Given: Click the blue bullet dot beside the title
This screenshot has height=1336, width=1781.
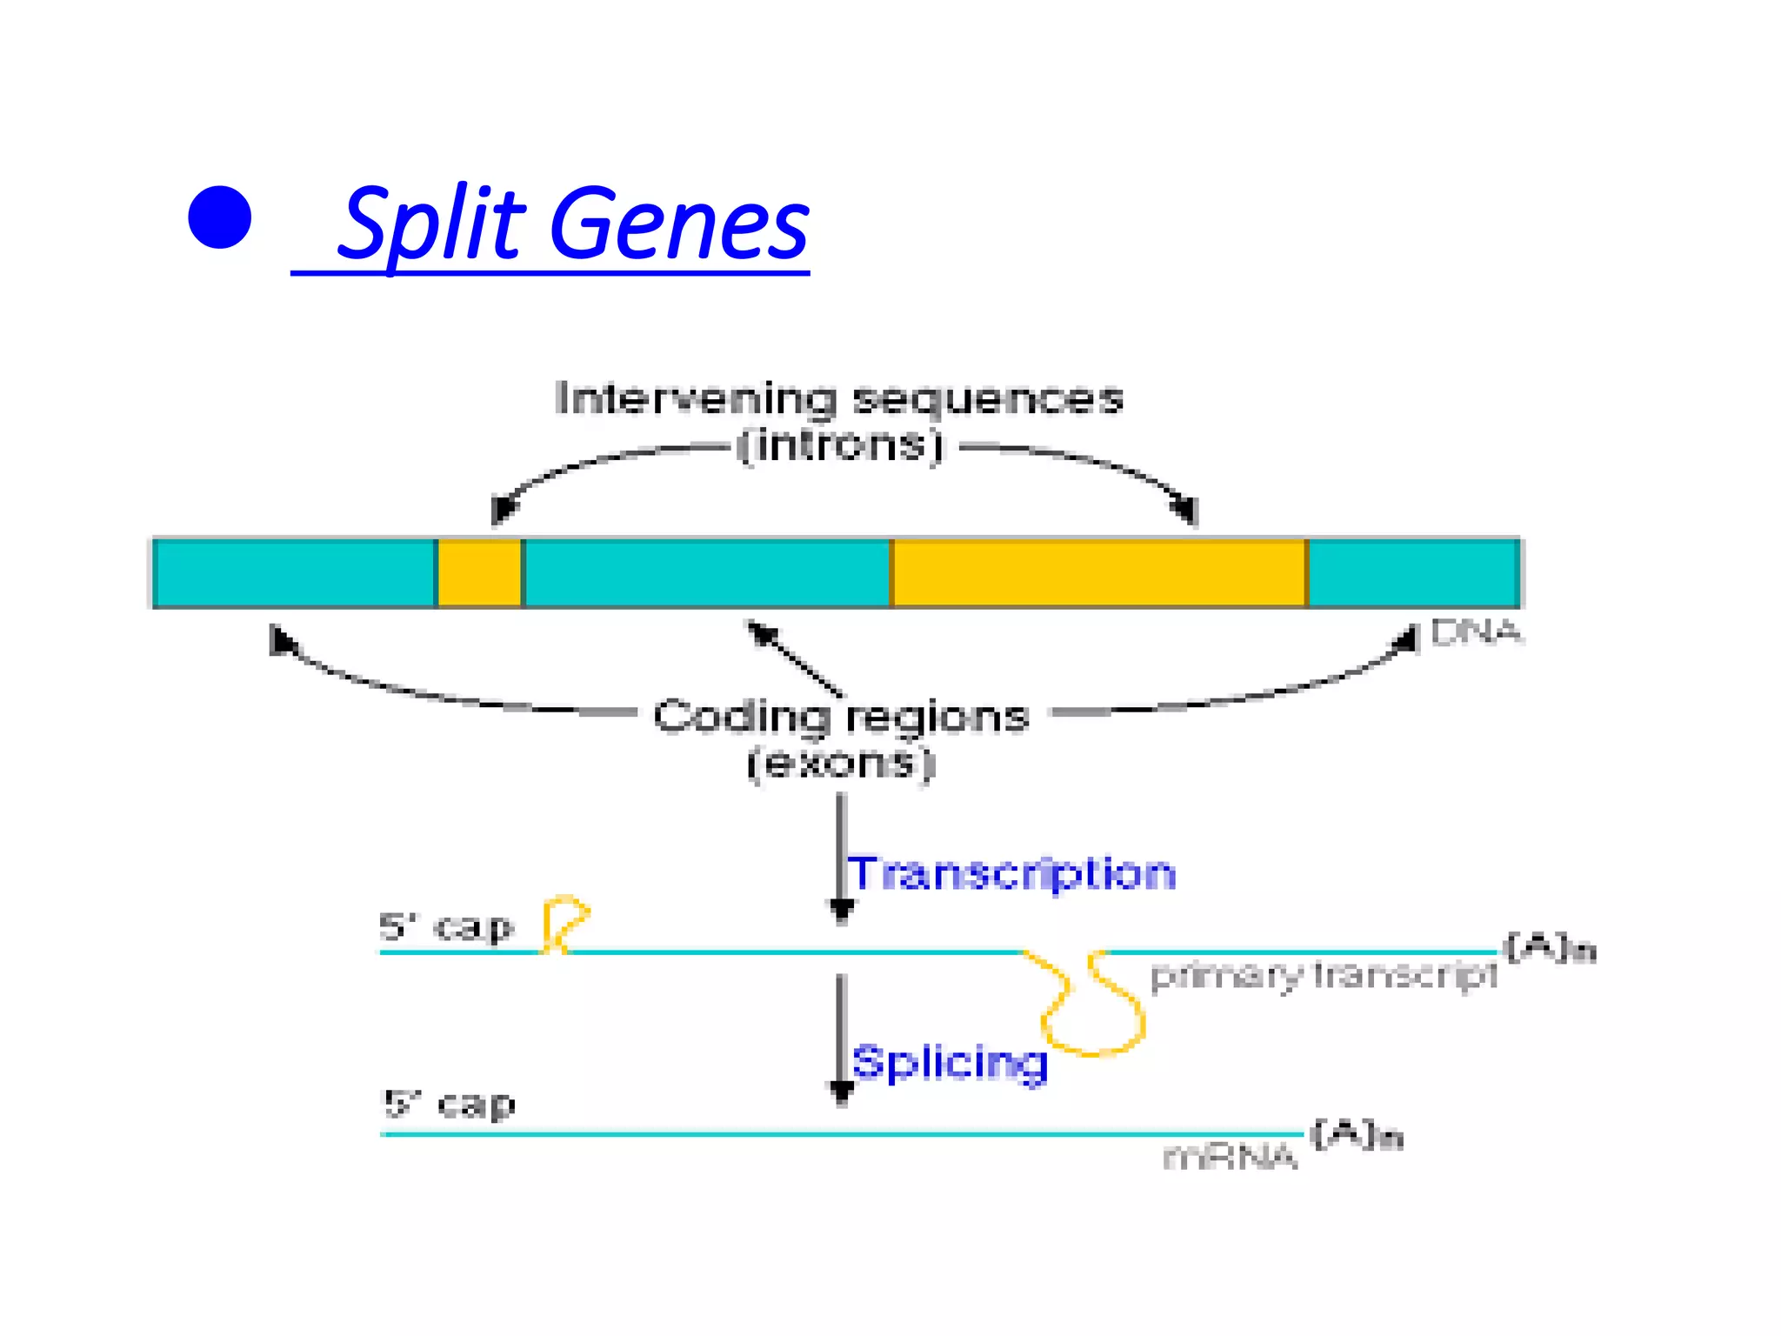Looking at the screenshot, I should coord(219,217).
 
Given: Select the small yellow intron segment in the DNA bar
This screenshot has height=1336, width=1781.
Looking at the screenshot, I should coord(479,573).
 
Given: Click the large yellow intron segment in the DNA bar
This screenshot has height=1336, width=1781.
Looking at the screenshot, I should coord(1098,573).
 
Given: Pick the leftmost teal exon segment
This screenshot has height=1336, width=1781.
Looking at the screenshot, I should coord(294,573).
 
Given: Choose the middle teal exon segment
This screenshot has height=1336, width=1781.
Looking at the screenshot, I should coord(707,573).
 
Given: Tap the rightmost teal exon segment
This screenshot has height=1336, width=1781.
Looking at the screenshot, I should coord(1413,573).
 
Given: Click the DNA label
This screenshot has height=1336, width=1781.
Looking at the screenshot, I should coord(1476,632).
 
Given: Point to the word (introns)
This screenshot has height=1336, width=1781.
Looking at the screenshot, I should coord(840,446).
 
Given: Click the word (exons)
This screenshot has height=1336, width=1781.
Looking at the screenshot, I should coord(841,764).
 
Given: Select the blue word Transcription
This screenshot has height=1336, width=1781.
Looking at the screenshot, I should coord(1011,873).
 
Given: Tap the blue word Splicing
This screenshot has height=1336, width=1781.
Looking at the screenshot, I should coord(950,1063).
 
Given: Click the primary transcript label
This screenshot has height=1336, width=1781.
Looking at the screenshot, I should coord(1324,976).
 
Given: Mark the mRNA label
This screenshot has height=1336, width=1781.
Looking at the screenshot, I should coord(1230,1158).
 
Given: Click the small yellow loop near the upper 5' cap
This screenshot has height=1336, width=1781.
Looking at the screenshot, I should coord(565,922).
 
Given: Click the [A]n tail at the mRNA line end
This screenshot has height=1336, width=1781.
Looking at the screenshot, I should coord(1357,1135).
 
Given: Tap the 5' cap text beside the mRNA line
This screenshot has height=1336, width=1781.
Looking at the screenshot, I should coord(449,1105).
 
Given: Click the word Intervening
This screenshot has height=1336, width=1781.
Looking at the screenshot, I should coord(696,399).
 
